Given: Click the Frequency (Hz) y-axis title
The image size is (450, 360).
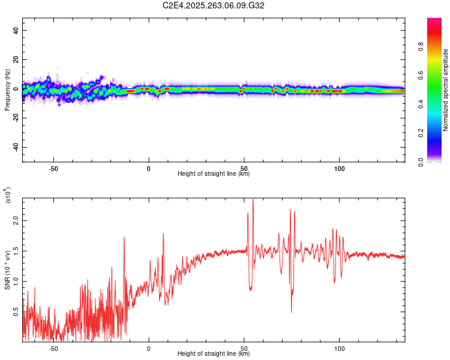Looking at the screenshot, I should pyautogui.click(x=7, y=89).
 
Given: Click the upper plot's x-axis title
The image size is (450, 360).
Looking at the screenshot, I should pyautogui.click(x=214, y=174).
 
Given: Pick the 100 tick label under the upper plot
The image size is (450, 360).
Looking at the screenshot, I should pyautogui.click(x=340, y=168).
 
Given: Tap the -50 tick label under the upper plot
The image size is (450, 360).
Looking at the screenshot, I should pyautogui.click(x=53, y=168).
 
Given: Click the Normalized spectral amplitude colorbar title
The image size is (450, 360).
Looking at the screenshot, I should pyautogui.click(x=446, y=90).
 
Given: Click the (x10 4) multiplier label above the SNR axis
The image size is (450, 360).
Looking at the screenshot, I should pyautogui.click(x=8, y=196).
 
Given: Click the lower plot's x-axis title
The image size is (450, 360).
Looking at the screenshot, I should pyautogui.click(x=214, y=354).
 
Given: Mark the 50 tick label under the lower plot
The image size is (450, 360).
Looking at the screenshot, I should pyautogui.click(x=244, y=348).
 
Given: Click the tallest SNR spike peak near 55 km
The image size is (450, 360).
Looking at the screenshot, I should pyautogui.click(x=253, y=199).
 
